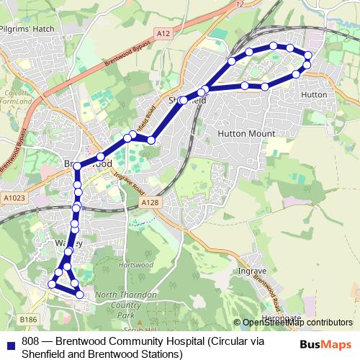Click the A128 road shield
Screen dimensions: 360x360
click(x=150, y=204)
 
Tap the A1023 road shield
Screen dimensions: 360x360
click(x=13, y=197)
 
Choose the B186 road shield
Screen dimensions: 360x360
click(x=28, y=319)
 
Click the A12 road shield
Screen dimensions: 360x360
click(x=163, y=33)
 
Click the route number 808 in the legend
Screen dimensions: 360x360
click(x=31, y=341)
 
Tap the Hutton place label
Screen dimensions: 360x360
click(x=315, y=94)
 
